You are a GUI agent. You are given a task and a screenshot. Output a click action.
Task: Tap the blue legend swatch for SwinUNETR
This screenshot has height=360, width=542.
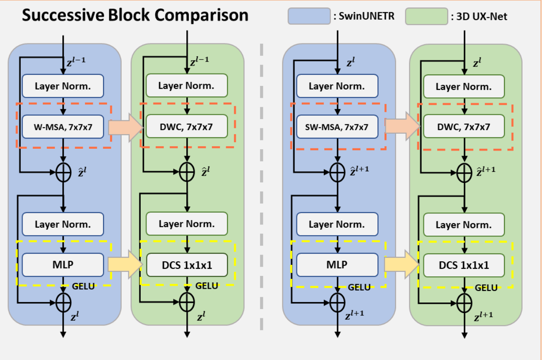309,16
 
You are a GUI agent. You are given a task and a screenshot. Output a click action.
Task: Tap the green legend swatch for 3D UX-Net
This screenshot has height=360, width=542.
426,16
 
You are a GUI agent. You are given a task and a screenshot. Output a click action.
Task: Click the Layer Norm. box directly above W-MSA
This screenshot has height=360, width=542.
63,86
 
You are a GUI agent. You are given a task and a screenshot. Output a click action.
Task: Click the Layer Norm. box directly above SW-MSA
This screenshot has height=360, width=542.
337,86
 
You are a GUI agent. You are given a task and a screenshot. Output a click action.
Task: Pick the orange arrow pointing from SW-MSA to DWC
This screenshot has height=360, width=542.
402,127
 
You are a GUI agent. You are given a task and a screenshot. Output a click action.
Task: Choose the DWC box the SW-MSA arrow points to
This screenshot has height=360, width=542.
464,127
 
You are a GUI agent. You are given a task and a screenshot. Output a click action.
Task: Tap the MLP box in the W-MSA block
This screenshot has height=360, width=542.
63,264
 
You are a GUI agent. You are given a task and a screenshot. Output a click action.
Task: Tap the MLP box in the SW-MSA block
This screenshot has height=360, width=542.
337,264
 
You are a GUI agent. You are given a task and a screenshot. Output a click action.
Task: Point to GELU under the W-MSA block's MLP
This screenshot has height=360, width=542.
83,286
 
